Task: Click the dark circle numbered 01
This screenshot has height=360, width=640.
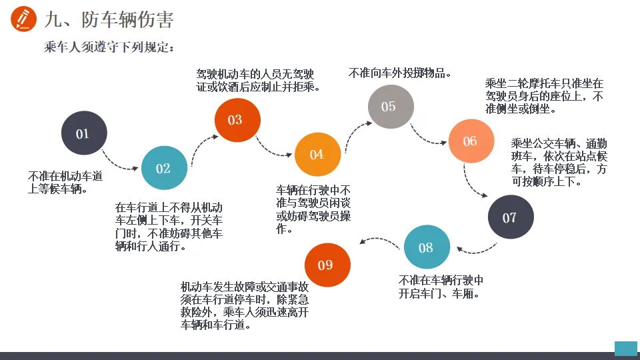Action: coord(84,133)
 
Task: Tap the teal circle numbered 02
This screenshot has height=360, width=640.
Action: coord(164,168)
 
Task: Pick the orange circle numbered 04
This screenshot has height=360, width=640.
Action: coord(317,155)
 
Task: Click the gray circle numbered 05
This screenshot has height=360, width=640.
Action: coord(391,107)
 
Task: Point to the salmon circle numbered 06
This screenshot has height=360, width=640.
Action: coord(471,141)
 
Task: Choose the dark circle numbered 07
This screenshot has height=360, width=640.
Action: coord(510,217)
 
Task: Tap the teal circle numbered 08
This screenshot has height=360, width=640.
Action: coord(427,247)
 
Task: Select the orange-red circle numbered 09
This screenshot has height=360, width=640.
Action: coord(327,265)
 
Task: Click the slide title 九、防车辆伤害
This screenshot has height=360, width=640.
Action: coord(109,20)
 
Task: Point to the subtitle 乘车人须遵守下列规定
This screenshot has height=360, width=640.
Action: coord(109,47)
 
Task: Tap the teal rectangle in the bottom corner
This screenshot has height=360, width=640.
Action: coord(625,349)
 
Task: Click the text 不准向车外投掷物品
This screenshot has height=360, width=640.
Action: coord(400,73)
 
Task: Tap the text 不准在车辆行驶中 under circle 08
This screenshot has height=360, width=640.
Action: coord(441,280)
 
